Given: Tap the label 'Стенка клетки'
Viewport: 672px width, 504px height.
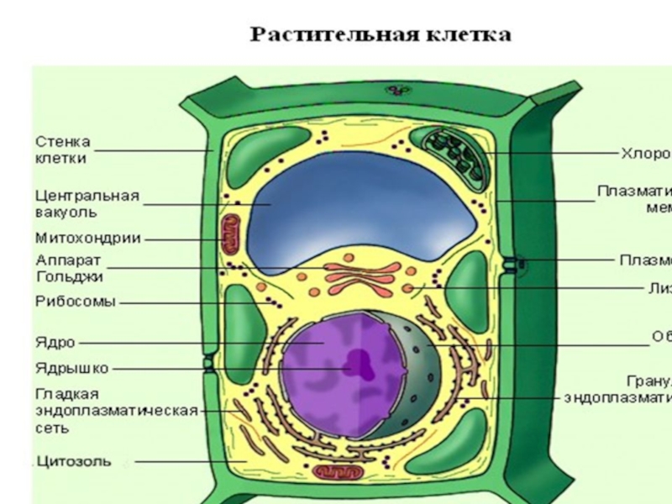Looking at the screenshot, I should (62, 150).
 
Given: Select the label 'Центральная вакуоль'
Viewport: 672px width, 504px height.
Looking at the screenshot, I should (87, 204).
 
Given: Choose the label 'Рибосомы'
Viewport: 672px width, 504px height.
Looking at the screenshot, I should (75, 302).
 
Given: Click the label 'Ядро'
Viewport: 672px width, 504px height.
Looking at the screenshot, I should (55, 343).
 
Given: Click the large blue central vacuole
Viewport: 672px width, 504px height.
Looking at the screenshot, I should (361, 210).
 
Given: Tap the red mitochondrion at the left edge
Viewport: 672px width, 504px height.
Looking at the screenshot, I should (229, 235).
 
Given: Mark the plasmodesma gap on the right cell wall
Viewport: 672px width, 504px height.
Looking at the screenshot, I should (512, 263).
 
